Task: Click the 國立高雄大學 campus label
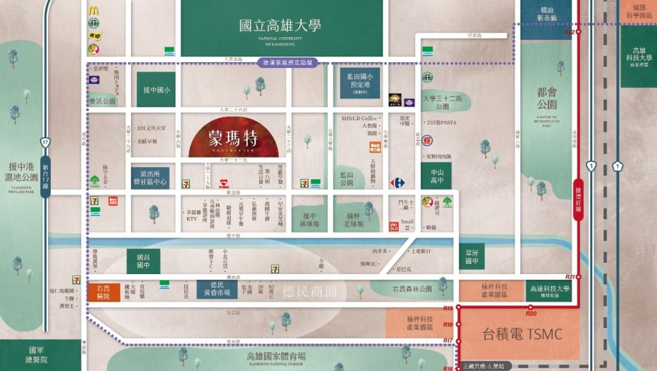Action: tap(280, 26)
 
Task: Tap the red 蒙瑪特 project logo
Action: tap(232, 137)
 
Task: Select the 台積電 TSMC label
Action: tap(522, 334)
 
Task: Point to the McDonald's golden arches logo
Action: tap(94, 10)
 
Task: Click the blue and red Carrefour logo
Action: tap(397, 183)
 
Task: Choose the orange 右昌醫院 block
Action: tap(103, 292)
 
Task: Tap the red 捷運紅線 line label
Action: tap(578, 199)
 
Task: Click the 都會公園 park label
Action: tap(547, 98)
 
